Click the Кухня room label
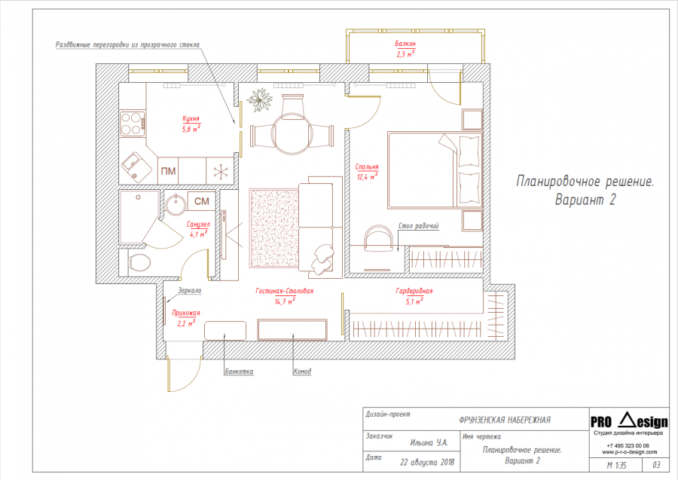(x=191, y=119)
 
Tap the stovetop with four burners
(x=133, y=124)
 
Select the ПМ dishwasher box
(x=168, y=171)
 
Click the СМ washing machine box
(x=201, y=201)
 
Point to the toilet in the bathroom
(x=139, y=262)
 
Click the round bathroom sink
(x=176, y=203)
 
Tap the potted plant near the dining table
(x=260, y=100)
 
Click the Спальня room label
(x=367, y=167)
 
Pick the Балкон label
(x=405, y=44)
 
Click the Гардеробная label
(x=414, y=291)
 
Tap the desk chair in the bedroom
(x=379, y=238)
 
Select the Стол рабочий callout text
(x=418, y=226)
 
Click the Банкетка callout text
(x=239, y=371)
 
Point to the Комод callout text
(x=302, y=371)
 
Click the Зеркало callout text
(x=190, y=291)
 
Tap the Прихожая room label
(x=186, y=313)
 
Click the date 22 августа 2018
(x=427, y=462)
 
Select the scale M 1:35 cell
(x=616, y=465)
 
